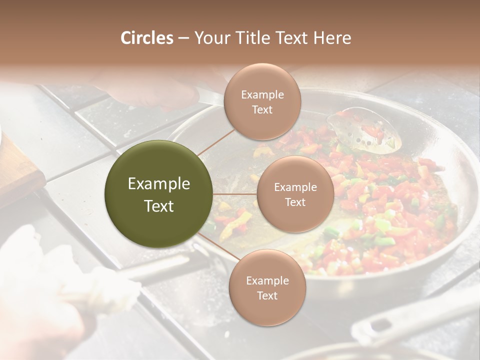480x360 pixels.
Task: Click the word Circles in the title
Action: pyautogui.click(x=147, y=38)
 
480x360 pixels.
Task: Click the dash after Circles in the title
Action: pyautogui.click(x=183, y=38)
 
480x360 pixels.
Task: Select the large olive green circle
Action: pyautogui.click(x=159, y=194)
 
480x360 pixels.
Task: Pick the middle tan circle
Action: pyautogui.click(x=295, y=194)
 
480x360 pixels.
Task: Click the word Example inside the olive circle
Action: pyautogui.click(x=159, y=184)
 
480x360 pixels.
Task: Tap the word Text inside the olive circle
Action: pyautogui.click(x=159, y=206)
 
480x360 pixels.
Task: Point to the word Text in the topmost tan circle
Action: pyautogui.click(x=262, y=110)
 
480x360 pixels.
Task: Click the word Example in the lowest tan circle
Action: pyautogui.click(x=267, y=280)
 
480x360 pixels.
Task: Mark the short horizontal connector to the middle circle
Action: pyautogui.click(x=235, y=193)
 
